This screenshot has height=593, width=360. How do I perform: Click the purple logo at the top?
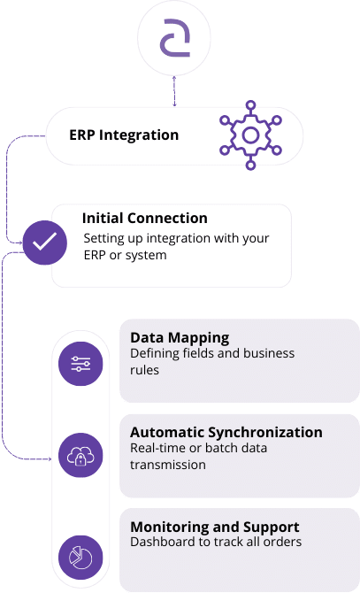[175, 38]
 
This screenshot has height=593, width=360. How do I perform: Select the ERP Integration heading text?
[124, 135]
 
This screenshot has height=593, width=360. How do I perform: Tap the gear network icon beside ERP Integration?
[250, 135]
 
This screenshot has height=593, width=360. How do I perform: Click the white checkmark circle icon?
[45, 243]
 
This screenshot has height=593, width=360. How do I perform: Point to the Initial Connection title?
[145, 219]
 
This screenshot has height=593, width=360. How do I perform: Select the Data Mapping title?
[180, 338]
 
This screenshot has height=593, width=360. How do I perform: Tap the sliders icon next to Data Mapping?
[80, 364]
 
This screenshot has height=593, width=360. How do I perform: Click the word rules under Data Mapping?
[144, 370]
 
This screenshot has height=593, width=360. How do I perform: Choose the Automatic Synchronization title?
[226, 432]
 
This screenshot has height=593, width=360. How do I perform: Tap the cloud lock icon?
[80, 455]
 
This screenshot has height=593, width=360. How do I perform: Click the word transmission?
[168, 465]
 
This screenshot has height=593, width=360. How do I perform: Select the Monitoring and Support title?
[215, 527]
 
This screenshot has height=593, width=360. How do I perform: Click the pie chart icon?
[80, 557]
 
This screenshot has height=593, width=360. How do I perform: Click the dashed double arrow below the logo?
[174, 91]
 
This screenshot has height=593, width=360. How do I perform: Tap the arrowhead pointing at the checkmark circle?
[20, 243]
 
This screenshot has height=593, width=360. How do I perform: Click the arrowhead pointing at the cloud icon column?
[50, 459]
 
